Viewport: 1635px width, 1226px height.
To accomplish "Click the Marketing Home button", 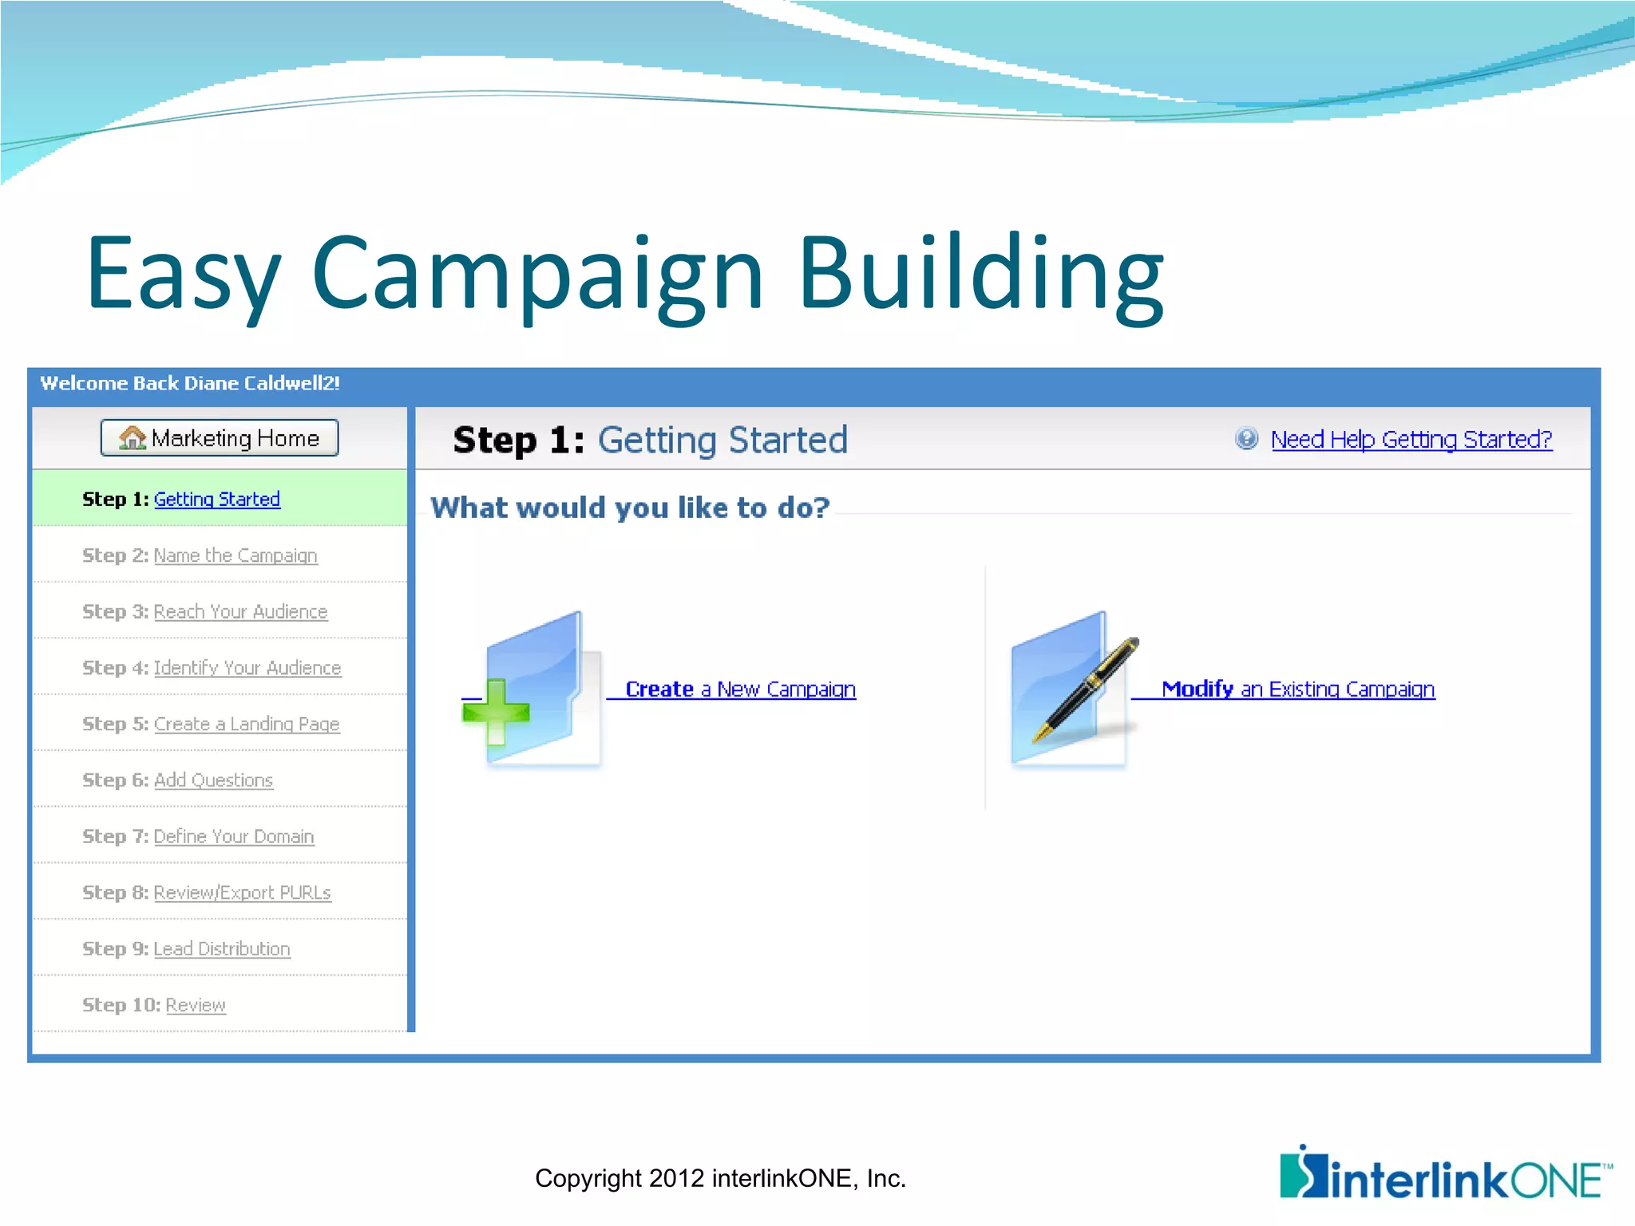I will click(220, 438).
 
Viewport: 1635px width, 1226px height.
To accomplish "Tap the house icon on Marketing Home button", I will click(132, 437).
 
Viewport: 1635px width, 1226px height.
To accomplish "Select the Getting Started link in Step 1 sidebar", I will click(216, 500).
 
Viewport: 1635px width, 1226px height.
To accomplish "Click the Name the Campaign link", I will click(235, 556).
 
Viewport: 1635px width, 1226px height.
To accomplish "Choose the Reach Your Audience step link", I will click(240, 612).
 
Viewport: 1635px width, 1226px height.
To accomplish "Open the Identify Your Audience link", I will click(247, 668).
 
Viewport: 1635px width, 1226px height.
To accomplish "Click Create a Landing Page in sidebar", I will click(246, 724).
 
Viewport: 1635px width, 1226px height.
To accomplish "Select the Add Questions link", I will click(213, 781).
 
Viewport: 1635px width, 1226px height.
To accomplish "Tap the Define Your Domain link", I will click(233, 836).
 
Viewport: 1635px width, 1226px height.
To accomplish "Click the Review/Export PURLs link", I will click(242, 892).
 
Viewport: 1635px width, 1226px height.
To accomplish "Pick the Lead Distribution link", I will click(221, 949).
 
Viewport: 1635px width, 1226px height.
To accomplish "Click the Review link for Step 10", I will click(196, 1005).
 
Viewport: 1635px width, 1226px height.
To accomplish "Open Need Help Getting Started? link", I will click(1411, 440).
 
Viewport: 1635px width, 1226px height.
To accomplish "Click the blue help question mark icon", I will click(1246, 438).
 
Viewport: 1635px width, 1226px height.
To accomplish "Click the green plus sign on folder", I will click(496, 711).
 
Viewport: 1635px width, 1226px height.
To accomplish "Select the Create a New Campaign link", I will click(739, 689).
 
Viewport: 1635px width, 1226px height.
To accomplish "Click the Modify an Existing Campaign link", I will click(1297, 689).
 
